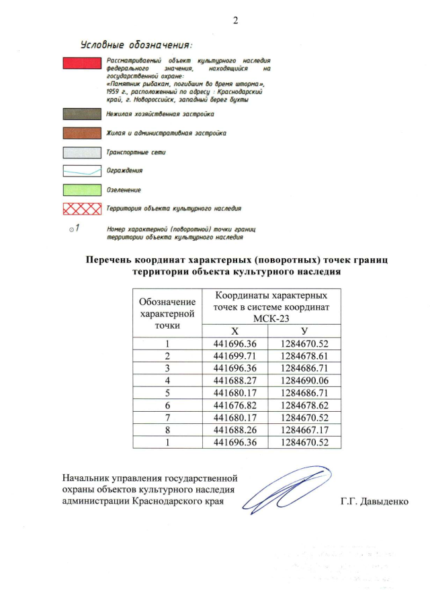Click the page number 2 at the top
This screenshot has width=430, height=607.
coord(236,19)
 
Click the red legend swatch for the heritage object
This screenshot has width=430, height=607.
coord(81,64)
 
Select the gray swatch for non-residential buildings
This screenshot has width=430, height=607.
coord(81,115)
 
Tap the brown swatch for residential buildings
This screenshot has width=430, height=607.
coord(81,133)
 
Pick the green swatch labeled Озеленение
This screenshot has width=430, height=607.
coord(81,190)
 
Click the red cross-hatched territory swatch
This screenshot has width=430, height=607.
coord(81,209)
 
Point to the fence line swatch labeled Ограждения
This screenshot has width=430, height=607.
coord(81,171)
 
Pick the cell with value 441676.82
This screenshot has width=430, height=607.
coord(235,405)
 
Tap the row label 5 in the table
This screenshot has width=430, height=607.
coord(167,393)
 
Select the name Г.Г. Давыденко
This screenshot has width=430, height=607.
coord(375,502)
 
